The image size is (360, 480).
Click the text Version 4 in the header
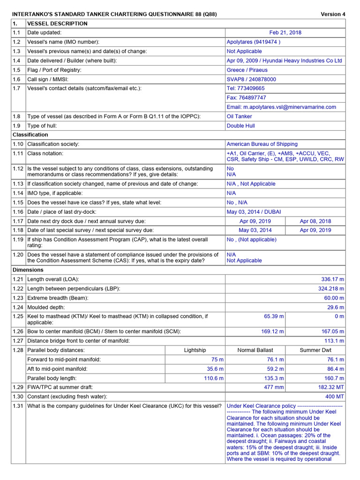[x=333, y=14]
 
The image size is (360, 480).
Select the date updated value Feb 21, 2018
[x=285, y=33]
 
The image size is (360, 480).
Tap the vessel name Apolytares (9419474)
[x=254, y=42]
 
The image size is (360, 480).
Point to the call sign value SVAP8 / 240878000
[x=251, y=80]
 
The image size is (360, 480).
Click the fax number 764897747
[x=246, y=98]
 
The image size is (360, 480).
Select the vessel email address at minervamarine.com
[x=281, y=107]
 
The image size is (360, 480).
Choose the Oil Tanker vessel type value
[x=239, y=116]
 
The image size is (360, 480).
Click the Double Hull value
[x=240, y=126]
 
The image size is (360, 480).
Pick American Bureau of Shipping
[x=262, y=144]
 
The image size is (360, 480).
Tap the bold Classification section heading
[x=30, y=135]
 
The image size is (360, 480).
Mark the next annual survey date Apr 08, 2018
[x=315, y=221]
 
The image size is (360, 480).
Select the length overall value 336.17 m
[x=331, y=279]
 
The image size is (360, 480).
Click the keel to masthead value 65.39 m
[x=274, y=316]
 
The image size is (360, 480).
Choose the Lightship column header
[x=195, y=350]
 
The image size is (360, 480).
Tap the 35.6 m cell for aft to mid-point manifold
[x=214, y=369]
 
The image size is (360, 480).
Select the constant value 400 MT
[x=334, y=397]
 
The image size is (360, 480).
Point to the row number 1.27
[x=18, y=341]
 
